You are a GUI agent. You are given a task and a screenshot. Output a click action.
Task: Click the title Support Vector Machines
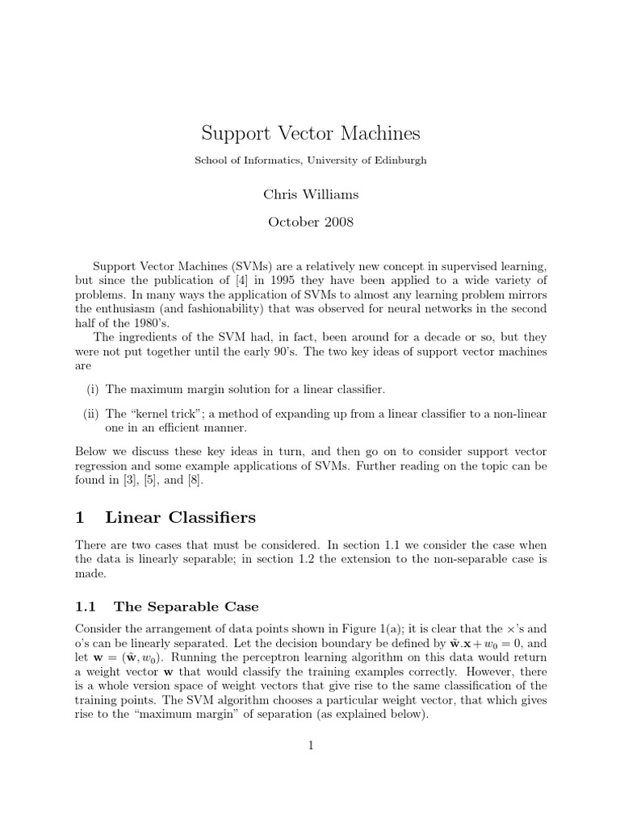pyautogui.click(x=310, y=132)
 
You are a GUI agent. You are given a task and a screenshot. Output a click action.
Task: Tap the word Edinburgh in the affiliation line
pyautogui.click(x=397, y=161)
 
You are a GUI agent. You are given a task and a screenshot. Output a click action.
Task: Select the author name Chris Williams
pyautogui.click(x=310, y=194)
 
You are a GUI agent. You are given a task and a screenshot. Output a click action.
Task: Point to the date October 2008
pyautogui.click(x=310, y=222)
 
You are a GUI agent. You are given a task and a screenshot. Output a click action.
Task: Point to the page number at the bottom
pyautogui.click(x=310, y=746)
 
